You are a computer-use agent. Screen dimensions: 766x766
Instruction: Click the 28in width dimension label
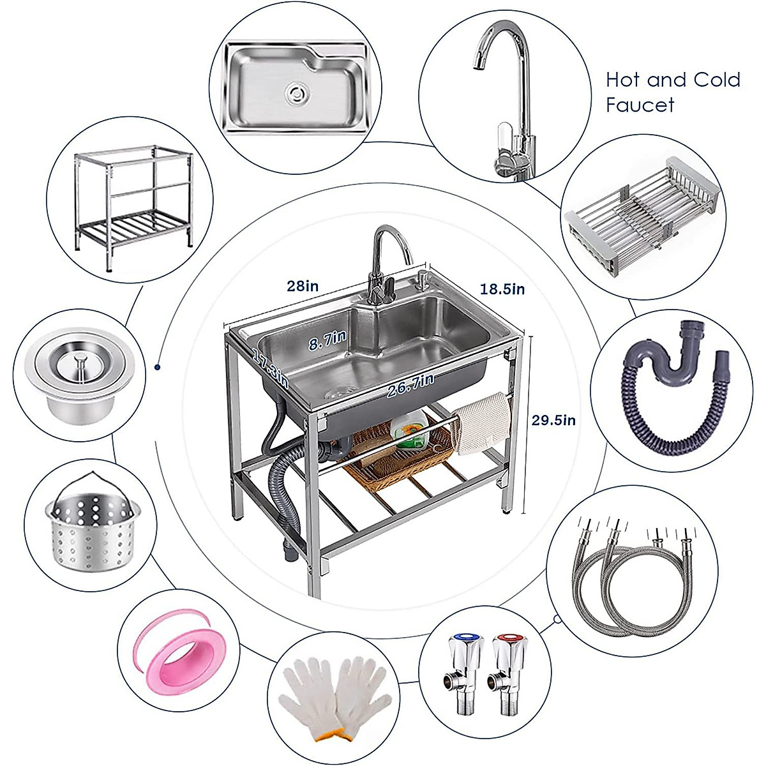302,285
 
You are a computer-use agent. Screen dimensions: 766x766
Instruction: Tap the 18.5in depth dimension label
502,289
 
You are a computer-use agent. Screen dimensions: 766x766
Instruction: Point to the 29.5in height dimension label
554,420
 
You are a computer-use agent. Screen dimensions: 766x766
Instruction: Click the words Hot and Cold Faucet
672,92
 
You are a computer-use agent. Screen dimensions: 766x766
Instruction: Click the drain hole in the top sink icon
295,93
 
